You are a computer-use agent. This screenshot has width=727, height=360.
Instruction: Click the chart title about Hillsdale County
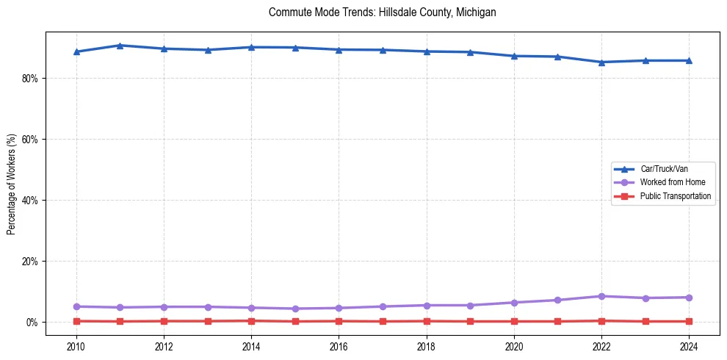383,12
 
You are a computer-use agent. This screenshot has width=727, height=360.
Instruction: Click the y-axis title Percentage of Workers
11,184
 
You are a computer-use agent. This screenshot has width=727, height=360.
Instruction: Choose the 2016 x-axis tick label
339,346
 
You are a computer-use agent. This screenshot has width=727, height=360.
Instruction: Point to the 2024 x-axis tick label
689,346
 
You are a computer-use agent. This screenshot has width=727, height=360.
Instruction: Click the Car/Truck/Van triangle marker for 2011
120,46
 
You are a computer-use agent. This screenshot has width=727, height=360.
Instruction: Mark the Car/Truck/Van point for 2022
601,62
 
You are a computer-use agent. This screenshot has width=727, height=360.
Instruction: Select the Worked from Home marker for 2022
601,296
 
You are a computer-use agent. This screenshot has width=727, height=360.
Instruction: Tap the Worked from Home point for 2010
76,306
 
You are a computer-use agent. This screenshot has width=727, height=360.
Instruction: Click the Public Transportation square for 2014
251,320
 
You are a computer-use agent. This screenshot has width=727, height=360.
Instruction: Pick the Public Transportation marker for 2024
689,321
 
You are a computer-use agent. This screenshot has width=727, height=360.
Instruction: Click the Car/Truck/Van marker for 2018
427,51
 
